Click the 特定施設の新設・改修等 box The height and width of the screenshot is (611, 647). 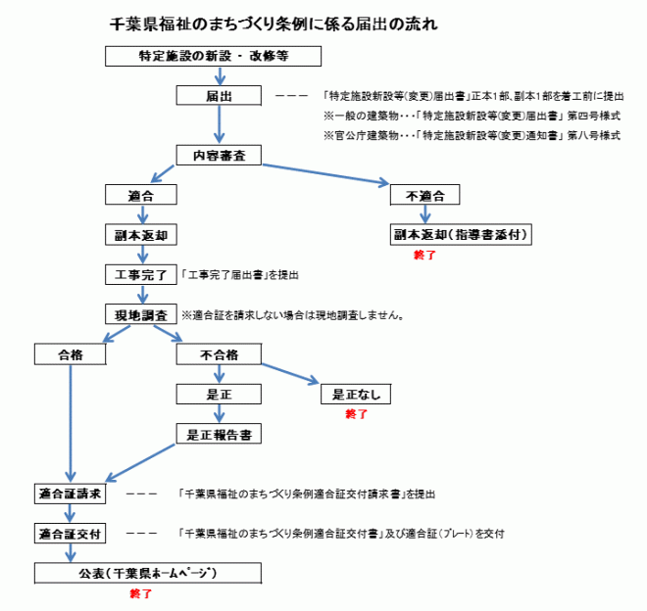coord(213,56)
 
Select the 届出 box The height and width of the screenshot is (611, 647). coord(219,96)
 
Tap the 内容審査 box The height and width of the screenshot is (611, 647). coord(219,155)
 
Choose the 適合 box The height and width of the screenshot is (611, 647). coord(141,195)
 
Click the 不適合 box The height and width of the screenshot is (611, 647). coord(424,195)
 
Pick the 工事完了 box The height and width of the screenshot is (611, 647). coord(141,275)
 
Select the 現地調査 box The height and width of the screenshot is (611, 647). coord(141,314)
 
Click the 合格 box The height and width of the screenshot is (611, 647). coord(71,354)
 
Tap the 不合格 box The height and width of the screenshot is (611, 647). coord(219,354)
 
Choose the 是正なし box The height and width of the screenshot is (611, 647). coord(356,395)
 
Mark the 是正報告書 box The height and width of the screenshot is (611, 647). coord(219,435)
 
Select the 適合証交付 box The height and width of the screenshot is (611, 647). coord(71,535)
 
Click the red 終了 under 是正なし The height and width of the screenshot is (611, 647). coord(356,415)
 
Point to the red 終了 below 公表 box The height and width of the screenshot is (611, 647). coord(141,594)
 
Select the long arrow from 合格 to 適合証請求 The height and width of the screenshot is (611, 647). coord(71,421)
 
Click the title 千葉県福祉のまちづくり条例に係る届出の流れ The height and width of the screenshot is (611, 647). coord(274,22)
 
